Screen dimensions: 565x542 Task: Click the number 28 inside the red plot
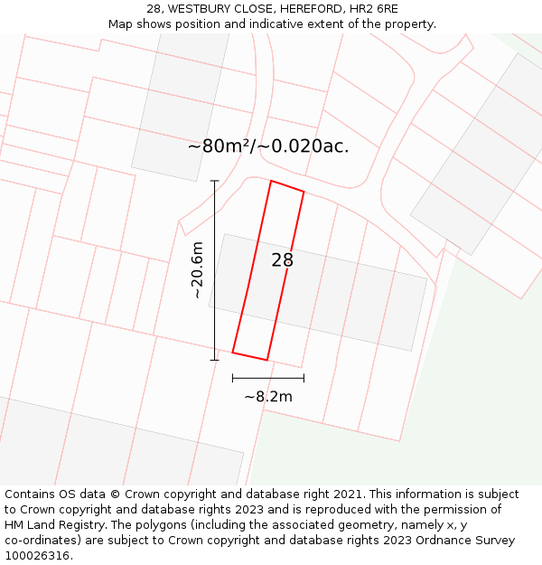pos(282,260)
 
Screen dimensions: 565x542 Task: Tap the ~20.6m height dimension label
pos(197,270)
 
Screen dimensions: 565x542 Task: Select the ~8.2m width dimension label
pos(268,396)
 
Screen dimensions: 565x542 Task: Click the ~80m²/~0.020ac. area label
pos(268,146)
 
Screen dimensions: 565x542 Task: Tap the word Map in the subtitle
pos(122,24)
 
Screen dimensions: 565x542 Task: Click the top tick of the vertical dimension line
pos(215,181)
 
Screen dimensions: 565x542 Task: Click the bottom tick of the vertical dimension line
pos(215,360)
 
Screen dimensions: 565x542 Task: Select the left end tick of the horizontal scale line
pos(233,378)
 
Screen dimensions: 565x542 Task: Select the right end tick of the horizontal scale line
pos(304,378)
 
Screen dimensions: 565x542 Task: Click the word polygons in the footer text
pos(176,525)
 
